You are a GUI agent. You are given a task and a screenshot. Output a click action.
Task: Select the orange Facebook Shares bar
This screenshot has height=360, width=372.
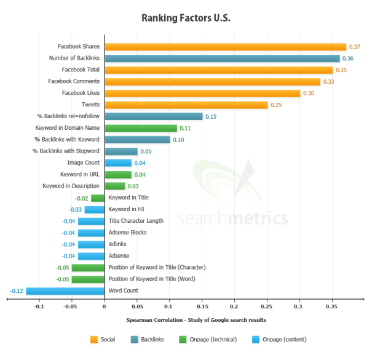coord(225,47)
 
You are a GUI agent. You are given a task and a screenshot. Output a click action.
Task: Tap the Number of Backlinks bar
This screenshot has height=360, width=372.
coord(221,58)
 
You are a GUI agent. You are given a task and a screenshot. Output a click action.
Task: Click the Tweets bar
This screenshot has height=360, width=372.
coord(186,105)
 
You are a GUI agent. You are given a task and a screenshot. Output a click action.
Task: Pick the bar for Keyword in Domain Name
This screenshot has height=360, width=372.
coord(141,129)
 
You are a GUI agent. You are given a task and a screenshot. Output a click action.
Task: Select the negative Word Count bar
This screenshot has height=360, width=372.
coord(65,290)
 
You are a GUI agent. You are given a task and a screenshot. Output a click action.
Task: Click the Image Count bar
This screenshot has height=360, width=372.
coord(117,163)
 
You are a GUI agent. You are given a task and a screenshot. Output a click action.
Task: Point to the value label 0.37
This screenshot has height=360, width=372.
coord(354,47)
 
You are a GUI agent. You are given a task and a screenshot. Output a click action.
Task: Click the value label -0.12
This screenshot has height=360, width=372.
coord(17,290)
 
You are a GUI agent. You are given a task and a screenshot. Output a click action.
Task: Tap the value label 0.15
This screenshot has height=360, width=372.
coord(211,117)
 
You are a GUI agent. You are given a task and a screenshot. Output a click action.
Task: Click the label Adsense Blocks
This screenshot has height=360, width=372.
coord(127,233)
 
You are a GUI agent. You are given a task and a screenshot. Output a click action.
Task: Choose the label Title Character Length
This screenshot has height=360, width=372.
coord(136,221)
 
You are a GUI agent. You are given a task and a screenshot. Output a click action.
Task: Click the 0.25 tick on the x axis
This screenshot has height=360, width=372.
coord(266,306)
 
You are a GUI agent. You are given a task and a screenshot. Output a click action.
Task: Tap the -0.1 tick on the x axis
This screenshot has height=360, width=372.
coord(39,306)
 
